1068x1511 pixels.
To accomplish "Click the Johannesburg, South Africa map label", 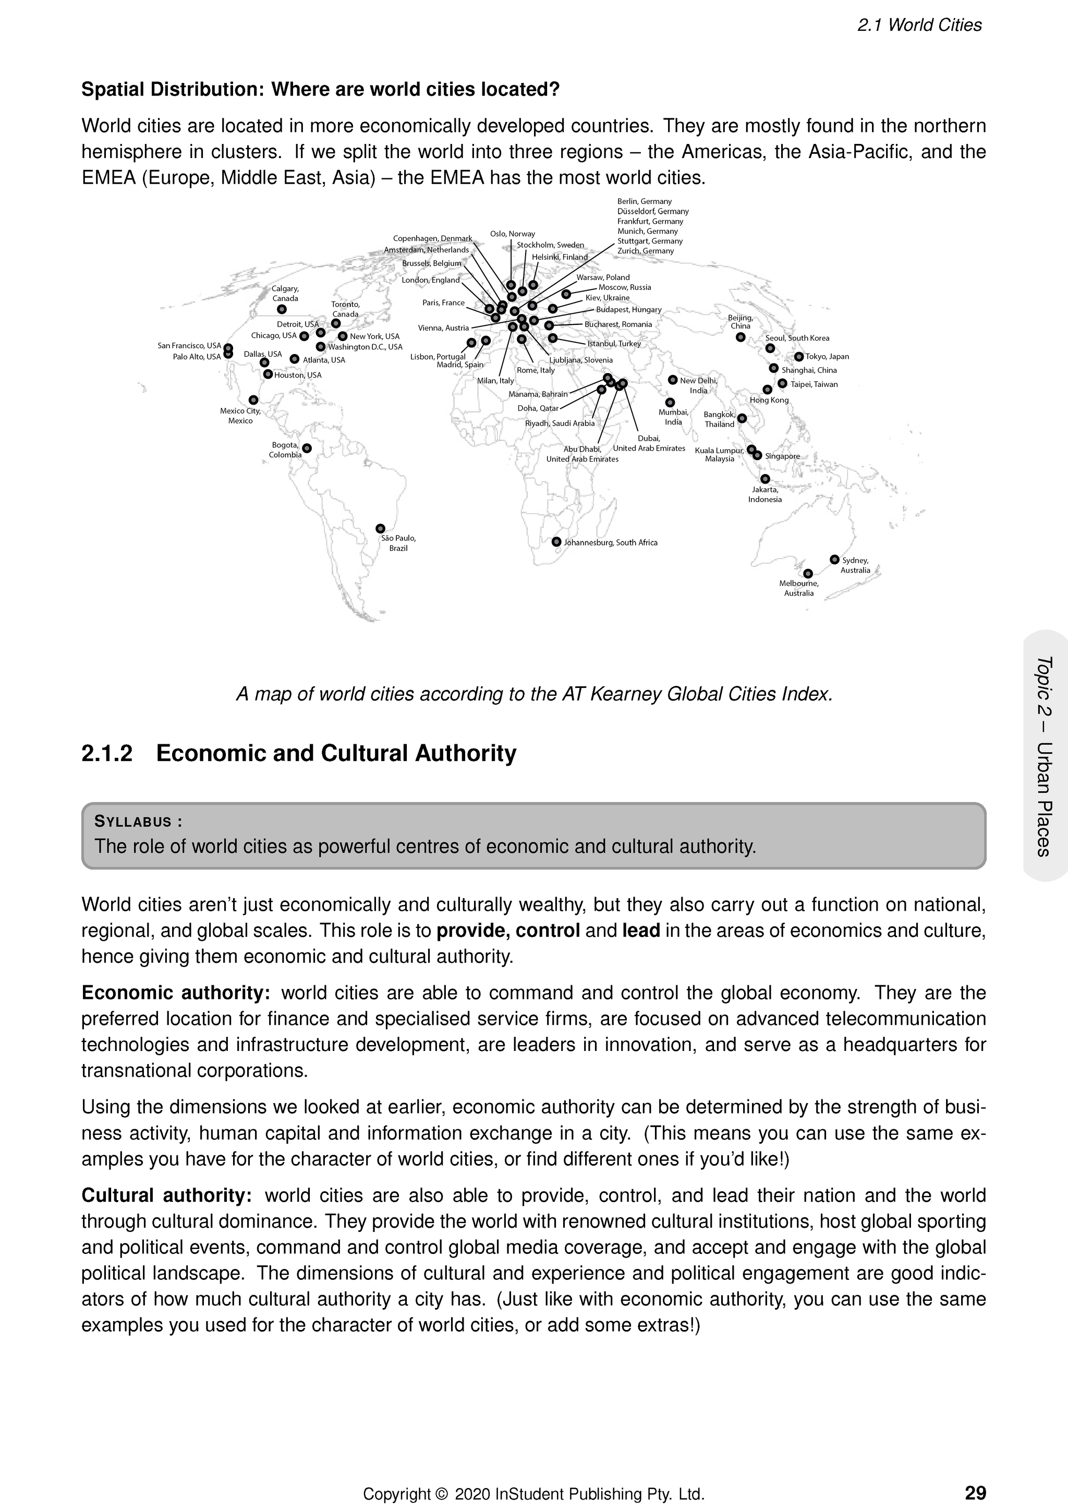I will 611,543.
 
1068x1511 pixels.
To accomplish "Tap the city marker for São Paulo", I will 380,528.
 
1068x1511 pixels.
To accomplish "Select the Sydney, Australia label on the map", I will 855,565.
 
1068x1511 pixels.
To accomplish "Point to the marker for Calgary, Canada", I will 282,309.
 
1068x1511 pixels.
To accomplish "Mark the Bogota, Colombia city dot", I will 307,448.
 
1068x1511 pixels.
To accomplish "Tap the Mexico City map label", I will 240,416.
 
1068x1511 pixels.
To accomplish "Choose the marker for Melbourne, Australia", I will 808,573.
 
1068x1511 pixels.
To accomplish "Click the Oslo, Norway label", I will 513,234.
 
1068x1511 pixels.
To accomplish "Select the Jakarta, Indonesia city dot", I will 764,479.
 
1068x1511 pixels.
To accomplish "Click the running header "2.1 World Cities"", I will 919,26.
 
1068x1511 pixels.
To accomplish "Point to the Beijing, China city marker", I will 741,337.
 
